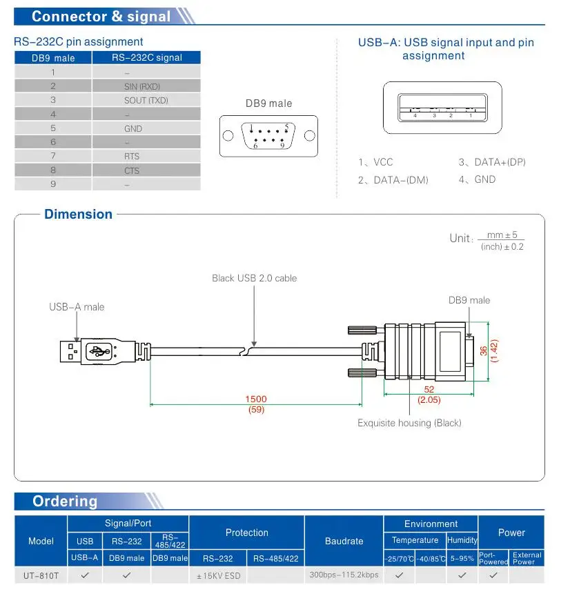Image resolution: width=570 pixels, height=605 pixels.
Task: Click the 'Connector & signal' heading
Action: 101,17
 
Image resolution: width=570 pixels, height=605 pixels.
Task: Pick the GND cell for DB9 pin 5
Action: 133,128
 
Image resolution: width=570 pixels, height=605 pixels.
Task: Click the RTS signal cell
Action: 131,157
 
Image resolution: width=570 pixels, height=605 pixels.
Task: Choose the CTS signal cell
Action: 131,170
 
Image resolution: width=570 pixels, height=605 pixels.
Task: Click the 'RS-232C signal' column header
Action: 146,58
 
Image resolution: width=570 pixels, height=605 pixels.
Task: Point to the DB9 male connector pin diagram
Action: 268,135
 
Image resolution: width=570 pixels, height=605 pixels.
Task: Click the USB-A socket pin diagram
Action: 442,108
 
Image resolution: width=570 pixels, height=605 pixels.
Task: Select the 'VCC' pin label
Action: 382,163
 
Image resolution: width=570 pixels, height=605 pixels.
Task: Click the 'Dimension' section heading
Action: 78,215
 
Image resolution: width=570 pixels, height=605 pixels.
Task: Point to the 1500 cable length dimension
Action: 256,399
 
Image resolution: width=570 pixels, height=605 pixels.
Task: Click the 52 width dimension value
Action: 429,390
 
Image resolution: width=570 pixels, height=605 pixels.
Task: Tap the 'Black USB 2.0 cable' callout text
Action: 254,278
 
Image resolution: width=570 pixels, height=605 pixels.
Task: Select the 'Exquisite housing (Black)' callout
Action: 409,423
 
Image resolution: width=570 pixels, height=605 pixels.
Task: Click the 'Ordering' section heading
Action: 65,502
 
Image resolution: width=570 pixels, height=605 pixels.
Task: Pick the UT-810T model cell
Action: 41,575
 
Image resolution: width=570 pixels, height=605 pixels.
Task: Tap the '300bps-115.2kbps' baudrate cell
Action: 344,575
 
